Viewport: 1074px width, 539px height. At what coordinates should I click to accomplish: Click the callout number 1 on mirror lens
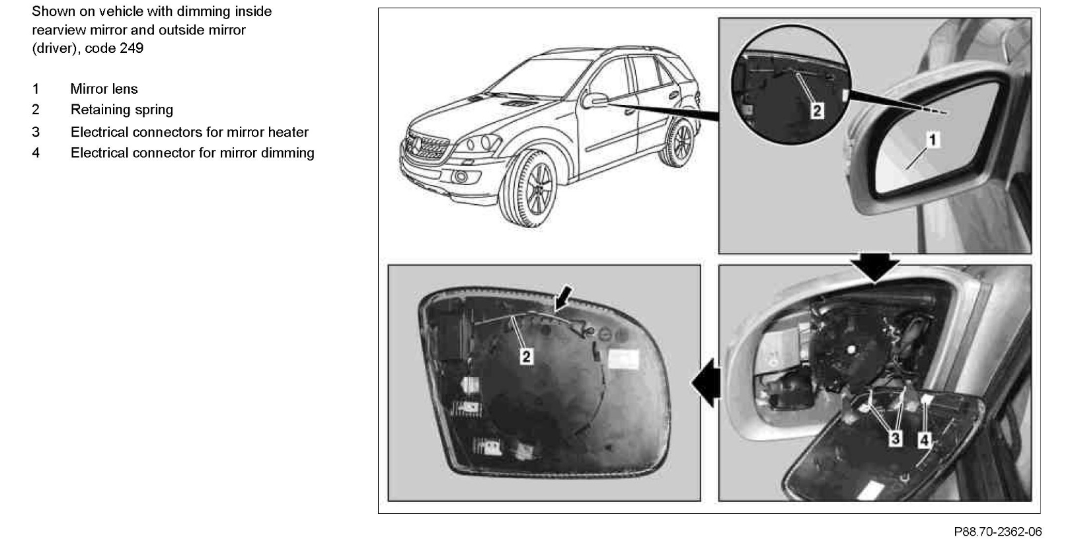click(x=933, y=139)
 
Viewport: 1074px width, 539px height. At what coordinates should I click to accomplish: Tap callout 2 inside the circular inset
click(x=817, y=111)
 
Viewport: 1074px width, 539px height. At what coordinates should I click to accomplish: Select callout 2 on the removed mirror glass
click(x=525, y=357)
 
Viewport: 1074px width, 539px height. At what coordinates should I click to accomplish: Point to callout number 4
click(x=925, y=438)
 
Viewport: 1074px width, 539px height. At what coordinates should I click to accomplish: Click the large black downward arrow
click(x=874, y=266)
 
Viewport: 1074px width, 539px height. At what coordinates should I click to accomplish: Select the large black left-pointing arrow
click(x=705, y=382)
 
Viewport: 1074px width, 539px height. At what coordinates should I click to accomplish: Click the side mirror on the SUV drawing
click(x=595, y=100)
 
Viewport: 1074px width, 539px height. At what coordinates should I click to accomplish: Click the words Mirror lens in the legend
click(x=104, y=89)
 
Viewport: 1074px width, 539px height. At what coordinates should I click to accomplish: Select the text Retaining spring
click(x=122, y=110)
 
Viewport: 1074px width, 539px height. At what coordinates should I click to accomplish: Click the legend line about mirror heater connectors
click(x=189, y=131)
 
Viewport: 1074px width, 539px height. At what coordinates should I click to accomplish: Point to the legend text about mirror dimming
click(x=192, y=153)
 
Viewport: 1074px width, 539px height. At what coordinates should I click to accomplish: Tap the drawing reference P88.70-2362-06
click(x=997, y=530)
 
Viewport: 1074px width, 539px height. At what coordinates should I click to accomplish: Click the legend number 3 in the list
click(x=36, y=131)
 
